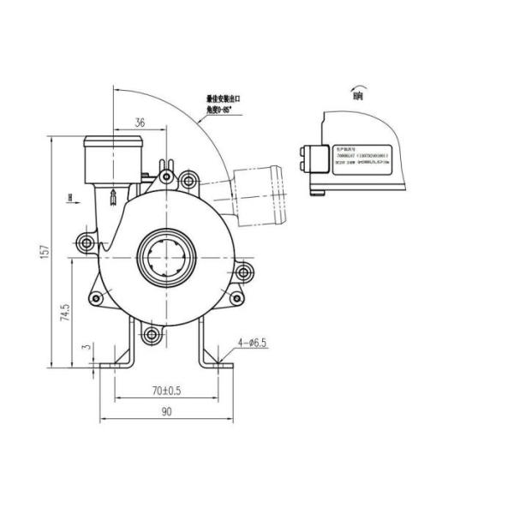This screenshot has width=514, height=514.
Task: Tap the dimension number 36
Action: tap(139, 123)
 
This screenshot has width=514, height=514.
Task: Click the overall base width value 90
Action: tap(167, 413)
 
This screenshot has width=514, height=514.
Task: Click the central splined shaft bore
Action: tap(168, 254)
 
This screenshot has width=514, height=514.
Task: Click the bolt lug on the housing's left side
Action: tap(86, 243)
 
